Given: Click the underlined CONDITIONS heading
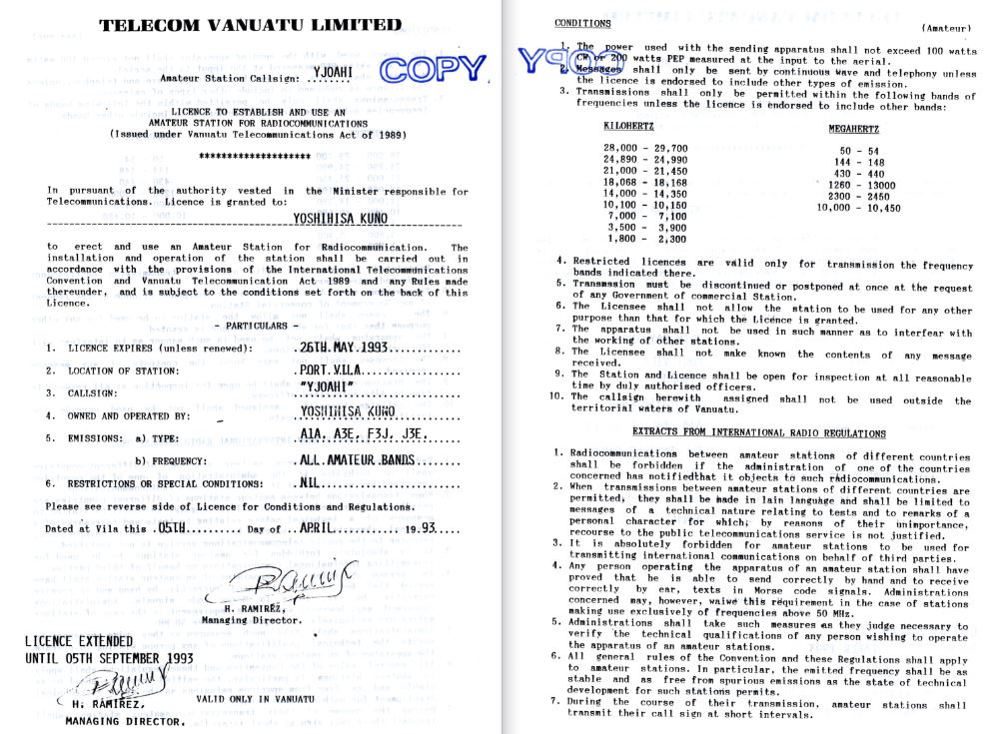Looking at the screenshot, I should click(582, 22).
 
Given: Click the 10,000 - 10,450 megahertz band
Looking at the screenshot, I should click(859, 208).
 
